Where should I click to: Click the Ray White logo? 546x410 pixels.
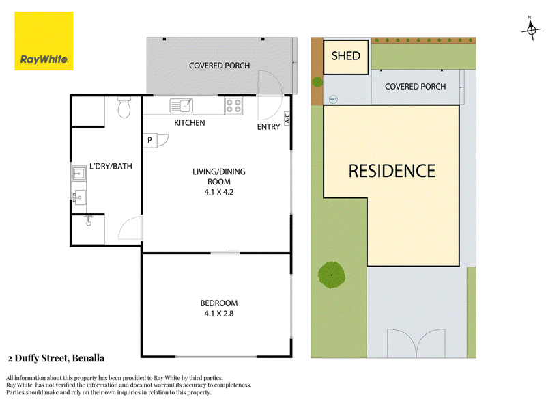44,41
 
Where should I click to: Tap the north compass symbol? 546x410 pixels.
531,29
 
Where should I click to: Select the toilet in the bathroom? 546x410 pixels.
124,107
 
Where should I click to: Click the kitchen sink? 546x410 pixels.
181,106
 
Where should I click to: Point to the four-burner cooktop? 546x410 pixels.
233,106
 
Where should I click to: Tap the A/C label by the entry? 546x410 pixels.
287,118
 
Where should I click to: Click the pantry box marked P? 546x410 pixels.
149,141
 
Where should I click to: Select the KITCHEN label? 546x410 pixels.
190,123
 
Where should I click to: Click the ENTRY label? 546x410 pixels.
268,127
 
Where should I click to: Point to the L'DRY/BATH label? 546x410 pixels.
111,166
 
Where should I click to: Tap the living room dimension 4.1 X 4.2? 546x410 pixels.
219,192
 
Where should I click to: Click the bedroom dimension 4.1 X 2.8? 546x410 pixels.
219,314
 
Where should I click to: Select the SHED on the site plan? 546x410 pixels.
346,57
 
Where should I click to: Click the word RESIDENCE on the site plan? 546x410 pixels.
392,172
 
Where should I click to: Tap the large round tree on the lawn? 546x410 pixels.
332,275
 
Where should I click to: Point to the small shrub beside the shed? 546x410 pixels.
317,82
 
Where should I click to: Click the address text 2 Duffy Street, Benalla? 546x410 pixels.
56,358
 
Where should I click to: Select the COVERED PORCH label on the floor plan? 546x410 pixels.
219,66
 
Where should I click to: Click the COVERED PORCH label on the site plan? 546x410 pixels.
415,87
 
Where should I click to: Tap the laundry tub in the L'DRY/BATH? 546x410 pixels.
79,174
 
